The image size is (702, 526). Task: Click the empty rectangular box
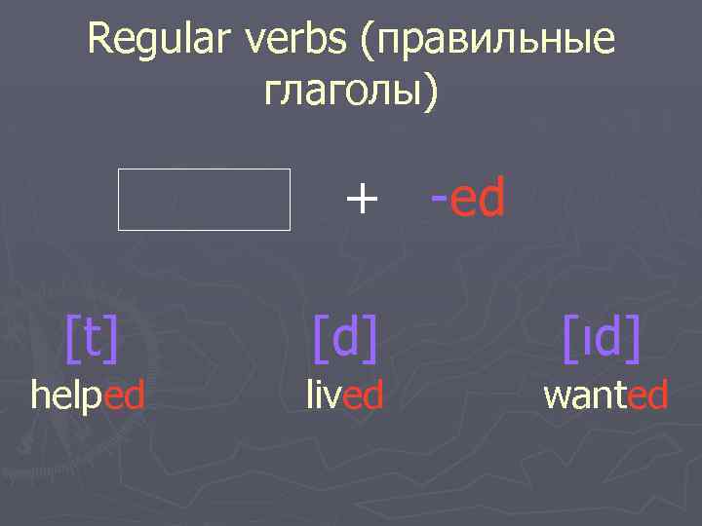(x=205, y=200)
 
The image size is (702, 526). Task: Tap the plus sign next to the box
(x=361, y=200)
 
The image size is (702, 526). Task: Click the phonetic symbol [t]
(x=92, y=338)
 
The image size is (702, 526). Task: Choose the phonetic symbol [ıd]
(x=602, y=338)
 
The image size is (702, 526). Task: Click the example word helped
(x=89, y=395)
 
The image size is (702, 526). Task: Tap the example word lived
(x=344, y=395)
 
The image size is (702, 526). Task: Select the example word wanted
(x=605, y=395)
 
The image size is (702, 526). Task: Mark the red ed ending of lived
(x=363, y=395)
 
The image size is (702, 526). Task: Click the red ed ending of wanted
(x=648, y=395)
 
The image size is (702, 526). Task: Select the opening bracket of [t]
(x=71, y=338)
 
